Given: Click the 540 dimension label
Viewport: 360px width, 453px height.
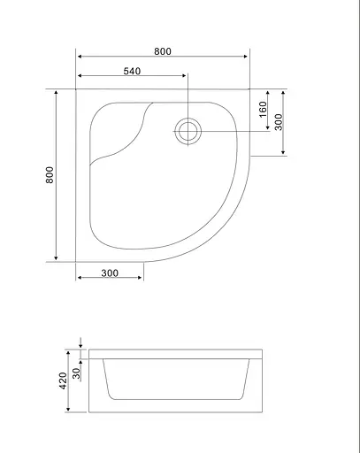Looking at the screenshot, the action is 132,71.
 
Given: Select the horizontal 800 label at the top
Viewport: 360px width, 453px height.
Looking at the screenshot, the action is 163,51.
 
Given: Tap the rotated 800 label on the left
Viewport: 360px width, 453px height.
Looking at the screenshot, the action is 50,175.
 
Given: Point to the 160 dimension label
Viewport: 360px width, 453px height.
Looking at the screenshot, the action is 263,109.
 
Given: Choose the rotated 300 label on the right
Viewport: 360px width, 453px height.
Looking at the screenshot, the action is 279,122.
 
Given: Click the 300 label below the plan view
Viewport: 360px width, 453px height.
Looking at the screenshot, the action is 110,273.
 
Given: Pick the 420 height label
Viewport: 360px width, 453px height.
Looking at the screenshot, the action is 63,380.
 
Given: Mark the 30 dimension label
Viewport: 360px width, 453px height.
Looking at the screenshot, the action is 76,373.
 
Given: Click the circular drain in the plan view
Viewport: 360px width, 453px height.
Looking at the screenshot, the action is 188,132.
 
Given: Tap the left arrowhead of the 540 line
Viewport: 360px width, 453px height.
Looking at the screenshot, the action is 80,76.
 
